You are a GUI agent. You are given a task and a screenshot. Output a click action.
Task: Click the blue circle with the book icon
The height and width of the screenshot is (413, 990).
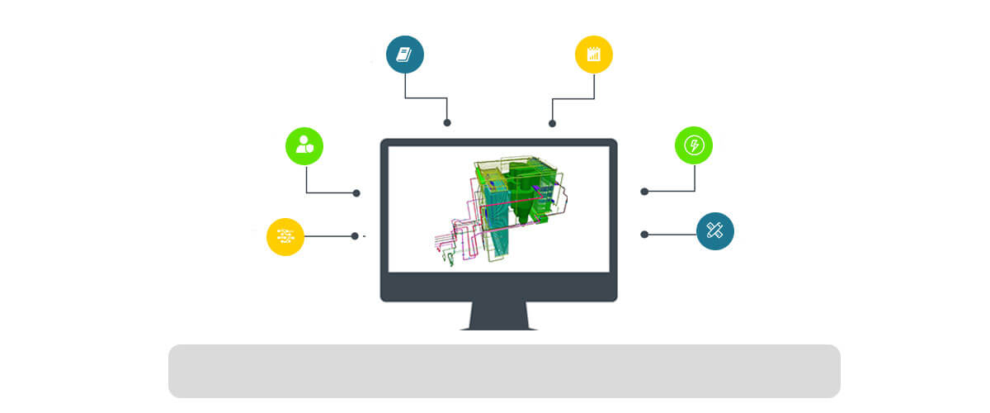click(405, 55)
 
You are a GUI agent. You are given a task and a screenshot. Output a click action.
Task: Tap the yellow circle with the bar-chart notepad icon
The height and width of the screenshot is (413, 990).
click(594, 55)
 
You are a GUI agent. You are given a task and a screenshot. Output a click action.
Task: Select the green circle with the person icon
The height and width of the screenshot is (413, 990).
click(304, 146)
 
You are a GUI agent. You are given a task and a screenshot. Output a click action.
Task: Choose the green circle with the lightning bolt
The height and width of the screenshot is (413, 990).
click(694, 146)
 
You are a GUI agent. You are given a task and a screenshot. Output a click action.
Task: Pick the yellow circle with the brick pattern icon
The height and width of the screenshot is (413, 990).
click(285, 236)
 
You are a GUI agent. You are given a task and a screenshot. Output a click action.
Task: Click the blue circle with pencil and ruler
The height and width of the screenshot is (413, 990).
click(715, 231)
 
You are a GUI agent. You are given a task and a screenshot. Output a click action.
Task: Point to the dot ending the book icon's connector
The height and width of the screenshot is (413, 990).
click(447, 122)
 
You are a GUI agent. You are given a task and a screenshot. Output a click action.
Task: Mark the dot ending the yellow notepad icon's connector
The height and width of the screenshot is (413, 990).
click(552, 123)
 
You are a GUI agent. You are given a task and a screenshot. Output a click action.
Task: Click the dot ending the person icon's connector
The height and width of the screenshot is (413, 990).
click(356, 193)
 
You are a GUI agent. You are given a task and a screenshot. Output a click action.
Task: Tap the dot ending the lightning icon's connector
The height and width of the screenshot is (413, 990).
click(644, 192)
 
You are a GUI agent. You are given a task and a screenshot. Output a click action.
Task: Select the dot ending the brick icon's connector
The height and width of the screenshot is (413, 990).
click(355, 236)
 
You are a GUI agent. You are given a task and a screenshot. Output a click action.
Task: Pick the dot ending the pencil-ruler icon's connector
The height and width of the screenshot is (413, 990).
click(644, 235)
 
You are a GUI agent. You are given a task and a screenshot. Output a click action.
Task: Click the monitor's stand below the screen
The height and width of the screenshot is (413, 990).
click(498, 316)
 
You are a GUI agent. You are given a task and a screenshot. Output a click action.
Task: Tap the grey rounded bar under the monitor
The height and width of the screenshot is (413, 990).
click(504, 371)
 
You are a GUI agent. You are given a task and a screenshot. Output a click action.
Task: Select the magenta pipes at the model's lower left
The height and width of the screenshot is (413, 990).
click(450, 240)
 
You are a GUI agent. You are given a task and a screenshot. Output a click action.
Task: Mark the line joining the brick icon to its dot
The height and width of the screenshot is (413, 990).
click(328, 236)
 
